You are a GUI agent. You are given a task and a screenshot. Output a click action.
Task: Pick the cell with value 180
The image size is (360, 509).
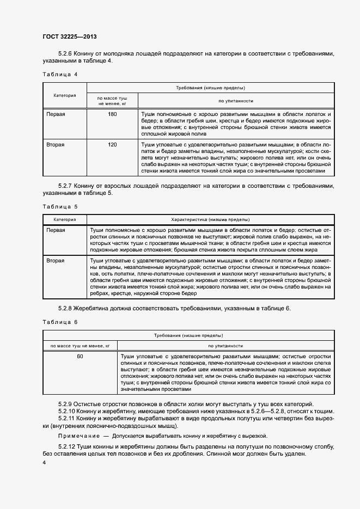112,114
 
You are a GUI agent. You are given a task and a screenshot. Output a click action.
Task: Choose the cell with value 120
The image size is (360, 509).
112,145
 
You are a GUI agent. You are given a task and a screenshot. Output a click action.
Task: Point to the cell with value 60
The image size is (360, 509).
80,357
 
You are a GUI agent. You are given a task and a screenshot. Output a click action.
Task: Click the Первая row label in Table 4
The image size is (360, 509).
56,114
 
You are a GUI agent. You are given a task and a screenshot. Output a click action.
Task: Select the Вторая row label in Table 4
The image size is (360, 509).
56,145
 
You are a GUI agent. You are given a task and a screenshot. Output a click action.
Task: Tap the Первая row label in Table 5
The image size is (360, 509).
56,230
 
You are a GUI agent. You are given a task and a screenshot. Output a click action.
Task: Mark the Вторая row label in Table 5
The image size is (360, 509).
56,261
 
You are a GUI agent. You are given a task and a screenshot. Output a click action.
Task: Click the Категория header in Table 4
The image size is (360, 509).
64,95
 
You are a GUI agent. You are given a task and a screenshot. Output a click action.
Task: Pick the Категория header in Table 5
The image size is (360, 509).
64,219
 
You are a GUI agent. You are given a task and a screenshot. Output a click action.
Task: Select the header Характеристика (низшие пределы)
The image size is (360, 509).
210,219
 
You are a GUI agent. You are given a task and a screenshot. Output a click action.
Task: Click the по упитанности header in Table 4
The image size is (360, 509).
236,101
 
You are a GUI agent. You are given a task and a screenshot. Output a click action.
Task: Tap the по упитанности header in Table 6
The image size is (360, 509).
225,346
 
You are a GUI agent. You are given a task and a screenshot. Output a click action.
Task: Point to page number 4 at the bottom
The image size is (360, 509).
44,462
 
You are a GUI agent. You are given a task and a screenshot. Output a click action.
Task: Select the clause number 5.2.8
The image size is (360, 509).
65,309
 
